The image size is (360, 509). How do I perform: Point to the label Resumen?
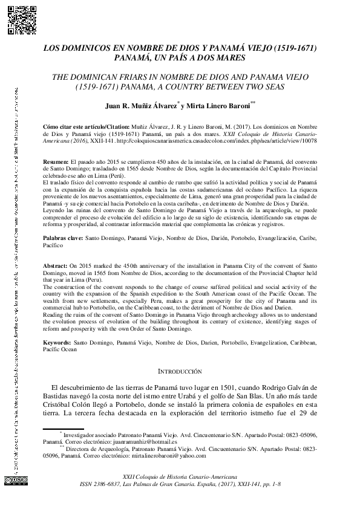tap(57, 164)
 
